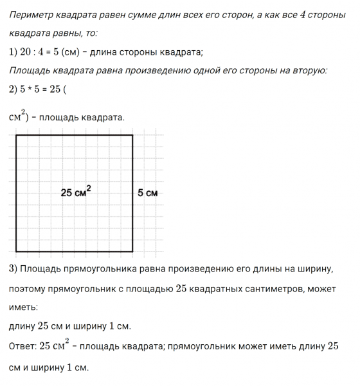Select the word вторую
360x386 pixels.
pos(309,70)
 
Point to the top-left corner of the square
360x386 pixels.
pos(16,136)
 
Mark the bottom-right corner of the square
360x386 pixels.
pos(132,251)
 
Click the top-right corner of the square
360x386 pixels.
pos(132,136)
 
